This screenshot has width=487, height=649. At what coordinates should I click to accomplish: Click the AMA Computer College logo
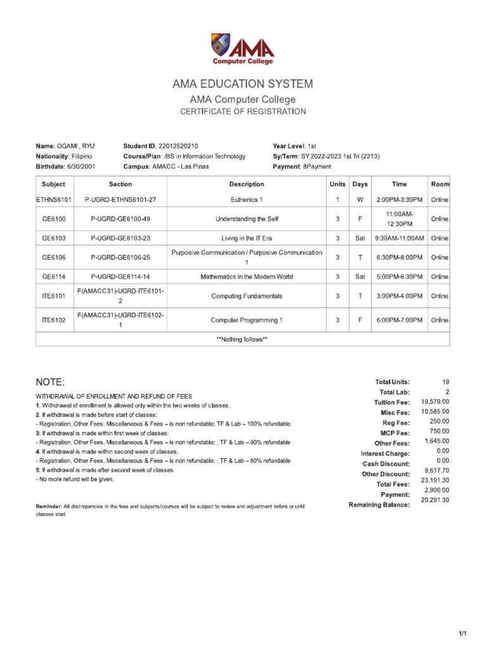[243, 49]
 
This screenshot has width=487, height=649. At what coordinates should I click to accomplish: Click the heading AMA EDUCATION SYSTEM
[243, 84]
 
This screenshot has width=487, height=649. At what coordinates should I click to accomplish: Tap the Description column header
[247, 184]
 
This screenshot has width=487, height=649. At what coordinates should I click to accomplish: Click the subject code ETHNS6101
[54, 200]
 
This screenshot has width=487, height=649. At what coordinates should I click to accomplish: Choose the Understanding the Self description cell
[247, 219]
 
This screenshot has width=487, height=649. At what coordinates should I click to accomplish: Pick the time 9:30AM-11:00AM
[399, 238]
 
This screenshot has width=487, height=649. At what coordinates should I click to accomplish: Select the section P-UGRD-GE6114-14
[120, 276]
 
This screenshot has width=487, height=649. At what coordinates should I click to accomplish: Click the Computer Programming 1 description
[247, 320]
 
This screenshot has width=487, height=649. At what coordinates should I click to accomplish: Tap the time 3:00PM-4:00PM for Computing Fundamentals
[399, 296]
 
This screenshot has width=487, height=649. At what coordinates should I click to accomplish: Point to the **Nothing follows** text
[242, 339]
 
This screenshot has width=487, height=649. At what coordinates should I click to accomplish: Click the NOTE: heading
[50, 382]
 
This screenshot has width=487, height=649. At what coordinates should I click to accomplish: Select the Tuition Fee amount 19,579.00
[435, 402]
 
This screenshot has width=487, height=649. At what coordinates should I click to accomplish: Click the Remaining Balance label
[379, 504]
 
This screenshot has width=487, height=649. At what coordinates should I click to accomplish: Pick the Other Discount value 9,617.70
[435, 470]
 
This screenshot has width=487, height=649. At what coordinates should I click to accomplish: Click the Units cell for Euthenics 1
[337, 200]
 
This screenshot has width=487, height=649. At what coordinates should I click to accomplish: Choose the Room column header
[439, 184]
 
